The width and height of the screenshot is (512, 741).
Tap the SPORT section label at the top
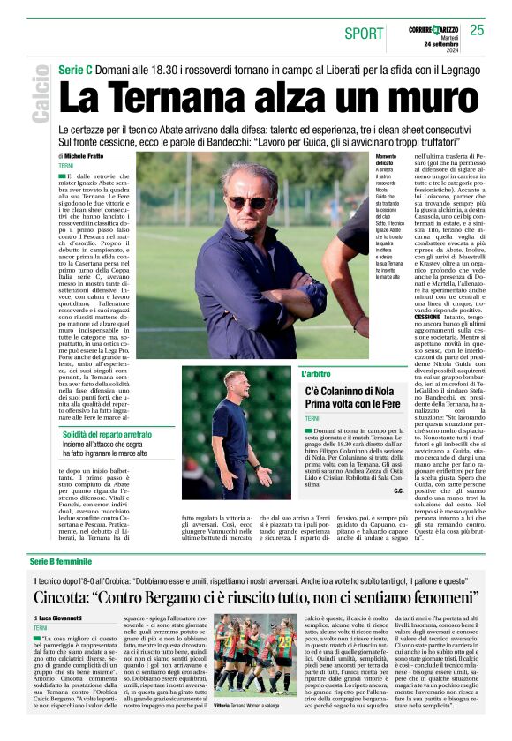364,34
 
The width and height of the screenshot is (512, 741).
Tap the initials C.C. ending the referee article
398,490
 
